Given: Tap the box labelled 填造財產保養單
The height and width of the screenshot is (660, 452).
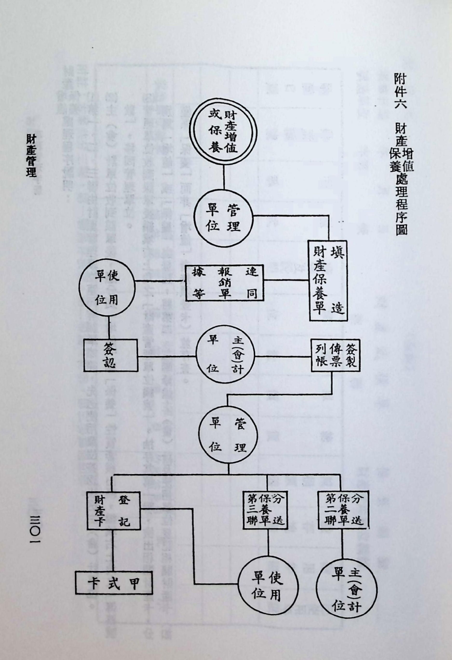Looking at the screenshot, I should pyautogui.click(x=328, y=281).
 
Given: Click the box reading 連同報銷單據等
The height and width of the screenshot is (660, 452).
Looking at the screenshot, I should pyautogui.click(x=224, y=283).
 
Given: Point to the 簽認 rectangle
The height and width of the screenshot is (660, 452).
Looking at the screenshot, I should pyautogui.click(x=111, y=355).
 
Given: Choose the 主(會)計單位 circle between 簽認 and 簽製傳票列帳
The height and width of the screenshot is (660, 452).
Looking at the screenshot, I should pyautogui.click(x=225, y=355).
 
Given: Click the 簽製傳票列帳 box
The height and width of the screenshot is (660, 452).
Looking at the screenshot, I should pyautogui.click(x=335, y=355).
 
